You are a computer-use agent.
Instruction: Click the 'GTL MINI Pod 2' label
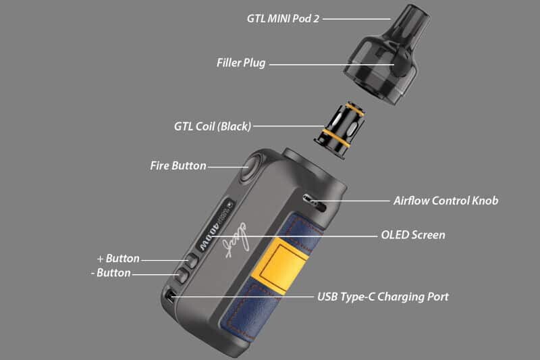pyautogui.click(x=283, y=18)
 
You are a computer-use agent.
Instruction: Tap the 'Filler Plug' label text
pyautogui.click(x=241, y=63)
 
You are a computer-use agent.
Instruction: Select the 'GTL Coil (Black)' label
pyautogui.click(x=212, y=126)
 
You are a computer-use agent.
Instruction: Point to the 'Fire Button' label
pyautogui.click(x=178, y=165)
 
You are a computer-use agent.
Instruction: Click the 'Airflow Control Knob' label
pyautogui.click(x=446, y=201)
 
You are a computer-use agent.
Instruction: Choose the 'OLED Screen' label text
pyautogui.click(x=413, y=235)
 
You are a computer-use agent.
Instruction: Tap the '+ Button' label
pyautogui.click(x=118, y=259)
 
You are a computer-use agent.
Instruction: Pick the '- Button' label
pyautogui.click(x=110, y=273)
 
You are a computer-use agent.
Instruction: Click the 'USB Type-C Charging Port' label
pyautogui.click(x=383, y=297)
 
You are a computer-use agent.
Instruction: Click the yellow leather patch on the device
pyautogui.click(x=283, y=261)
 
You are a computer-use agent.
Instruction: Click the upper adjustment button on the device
pyautogui.click(x=192, y=261)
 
